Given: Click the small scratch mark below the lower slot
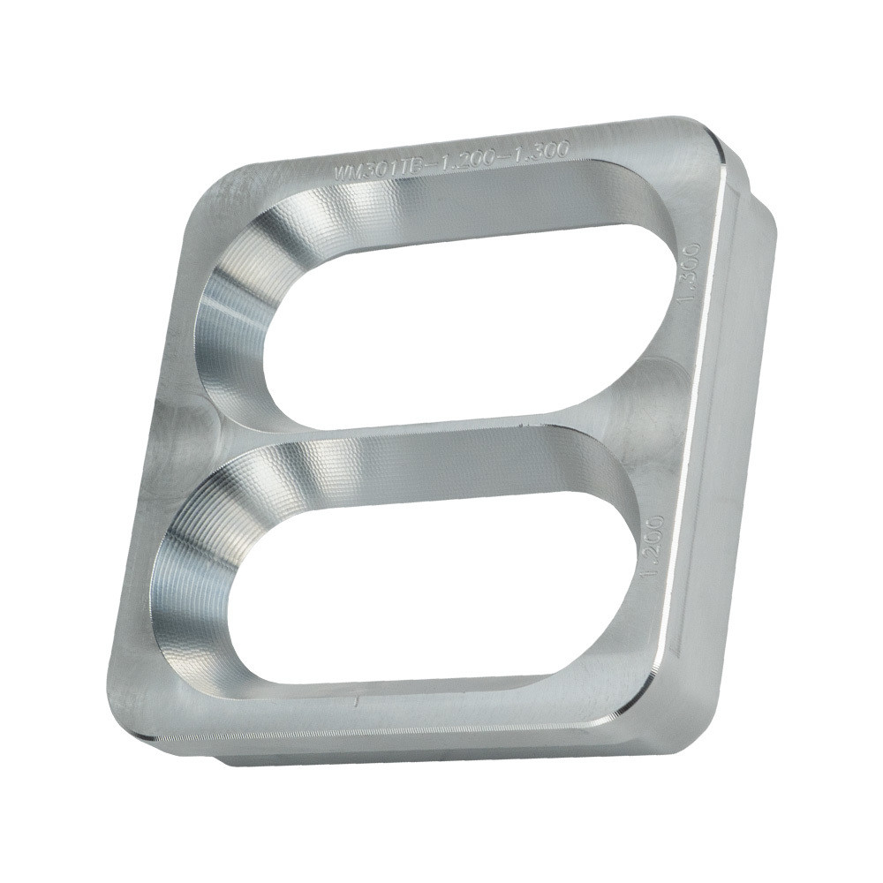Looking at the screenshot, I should pyautogui.click(x=356, y=702).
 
